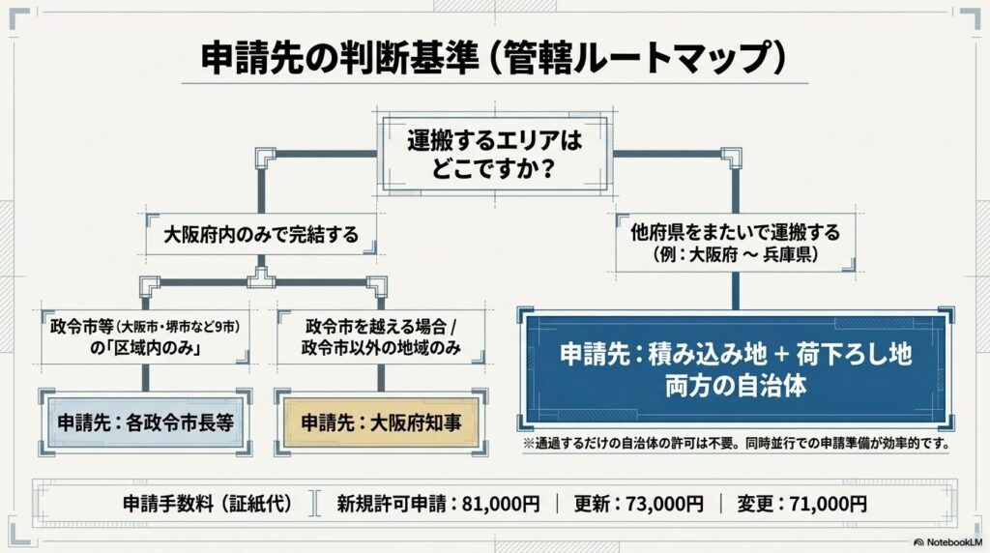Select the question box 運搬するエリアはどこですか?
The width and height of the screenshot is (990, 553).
tap(494, 154)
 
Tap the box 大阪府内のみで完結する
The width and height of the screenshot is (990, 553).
tap(261, 235)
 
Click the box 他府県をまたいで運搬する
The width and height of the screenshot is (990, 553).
tap(736, 243)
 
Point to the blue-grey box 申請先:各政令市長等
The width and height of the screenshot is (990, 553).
tap(146, 422)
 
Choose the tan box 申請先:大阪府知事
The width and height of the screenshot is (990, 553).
tap(381, 422)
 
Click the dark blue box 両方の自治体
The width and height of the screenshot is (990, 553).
tap(736, 369)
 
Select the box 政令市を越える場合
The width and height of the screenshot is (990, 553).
tap(381, 337)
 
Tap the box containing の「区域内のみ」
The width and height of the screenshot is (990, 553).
tap(146, 337)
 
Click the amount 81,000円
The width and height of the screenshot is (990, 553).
tap(501, 504)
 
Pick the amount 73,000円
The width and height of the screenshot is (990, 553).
tap(664, 504)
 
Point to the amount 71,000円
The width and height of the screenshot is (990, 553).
tap(828, 504)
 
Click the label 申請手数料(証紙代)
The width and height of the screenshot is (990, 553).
tap(208, 504)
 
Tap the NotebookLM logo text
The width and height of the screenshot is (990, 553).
tap(954, 542)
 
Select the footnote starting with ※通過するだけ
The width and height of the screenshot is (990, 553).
tap(737, 443)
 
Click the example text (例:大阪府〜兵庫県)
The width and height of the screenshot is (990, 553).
tap(736, 255)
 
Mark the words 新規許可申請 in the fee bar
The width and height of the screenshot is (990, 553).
tap(392, 504)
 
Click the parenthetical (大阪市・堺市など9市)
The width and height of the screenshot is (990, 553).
tap(179, 327)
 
